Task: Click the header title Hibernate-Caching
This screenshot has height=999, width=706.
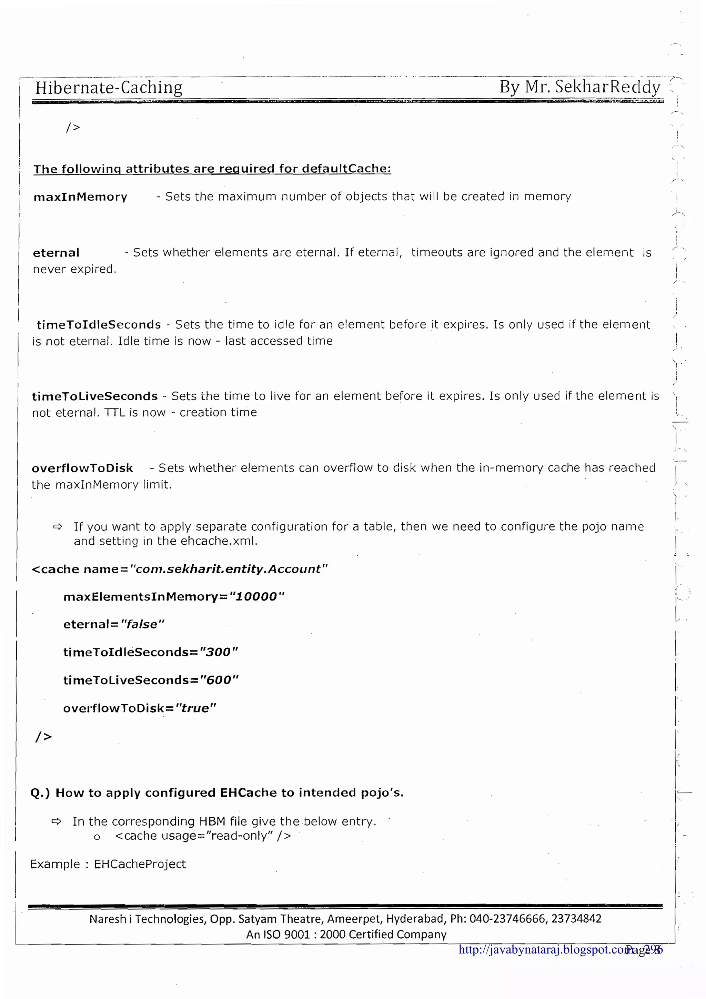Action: (x=109, y=88)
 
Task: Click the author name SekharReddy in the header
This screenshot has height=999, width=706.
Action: (x=608, y=87)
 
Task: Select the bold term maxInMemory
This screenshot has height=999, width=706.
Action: (x=80, y=197)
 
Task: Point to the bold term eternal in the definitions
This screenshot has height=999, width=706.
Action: (x=56, y=253)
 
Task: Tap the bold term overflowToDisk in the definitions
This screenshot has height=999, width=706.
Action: (x=82, y=468)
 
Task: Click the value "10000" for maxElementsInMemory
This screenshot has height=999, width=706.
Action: (x=256, y=596)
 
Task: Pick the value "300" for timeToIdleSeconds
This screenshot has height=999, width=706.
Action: (x=218, y=652)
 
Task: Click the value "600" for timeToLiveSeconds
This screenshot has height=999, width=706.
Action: (x=219, y=680)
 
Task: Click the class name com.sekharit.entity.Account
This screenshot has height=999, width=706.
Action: (x=228, y=569)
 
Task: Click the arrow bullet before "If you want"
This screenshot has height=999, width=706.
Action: (x=58, y=527)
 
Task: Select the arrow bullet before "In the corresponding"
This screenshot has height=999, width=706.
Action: (x=56, y=821)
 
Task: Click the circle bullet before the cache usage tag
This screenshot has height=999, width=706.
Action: (x=97, y=837)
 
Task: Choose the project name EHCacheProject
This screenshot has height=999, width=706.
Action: (x=140, y=864)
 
